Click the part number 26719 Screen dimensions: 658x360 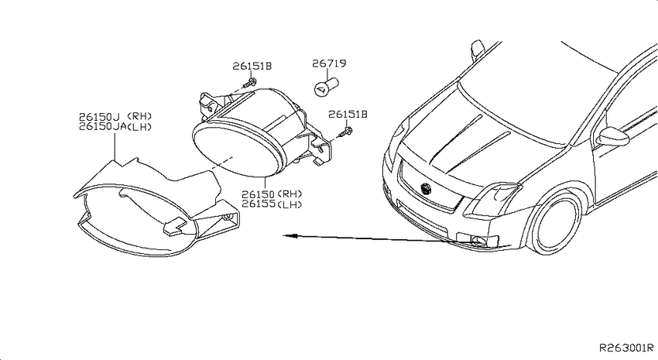[x=329, y=63]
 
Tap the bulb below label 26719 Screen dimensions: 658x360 [x=326, y=86]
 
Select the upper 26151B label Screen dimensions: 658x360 [x=252, y=66]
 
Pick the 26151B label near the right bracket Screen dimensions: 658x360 [x=348, y=114]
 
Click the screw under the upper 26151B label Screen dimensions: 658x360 [x=250, y=82]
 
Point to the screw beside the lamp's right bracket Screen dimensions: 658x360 [x=346, y=132]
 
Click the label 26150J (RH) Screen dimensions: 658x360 [x=115, y=116]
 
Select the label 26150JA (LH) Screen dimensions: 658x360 [x=115, y=127]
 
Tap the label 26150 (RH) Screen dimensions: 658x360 [x=272, y=194]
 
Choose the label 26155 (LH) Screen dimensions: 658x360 [x=272, y=204]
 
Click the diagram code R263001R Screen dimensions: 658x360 [x=626, y=348]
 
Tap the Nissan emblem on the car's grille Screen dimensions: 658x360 [x=426, y=189]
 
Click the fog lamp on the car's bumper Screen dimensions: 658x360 [x=477, y=241]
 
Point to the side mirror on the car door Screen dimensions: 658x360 [x=613, y=136]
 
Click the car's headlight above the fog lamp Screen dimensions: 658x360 [x=492, y=201]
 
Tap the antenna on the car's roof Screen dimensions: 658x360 [x=478, y=49]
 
